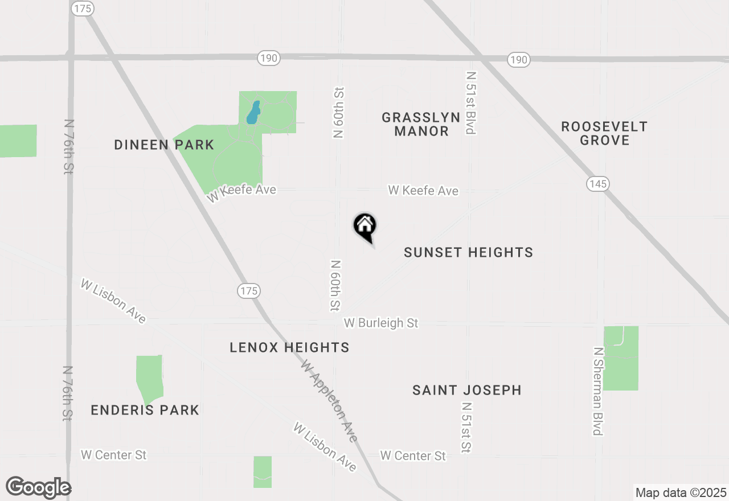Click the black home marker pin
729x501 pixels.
(365, 227)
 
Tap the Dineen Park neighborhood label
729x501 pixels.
(164, 145)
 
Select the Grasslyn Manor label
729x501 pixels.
(421, 124)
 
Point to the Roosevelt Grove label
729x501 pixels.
(604, 133)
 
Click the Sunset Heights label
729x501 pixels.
(468, 252)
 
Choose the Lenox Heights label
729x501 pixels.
(289, 347)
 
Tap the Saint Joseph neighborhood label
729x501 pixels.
(466, 390)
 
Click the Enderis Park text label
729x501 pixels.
(145, 410)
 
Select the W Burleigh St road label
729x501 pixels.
(381, 323)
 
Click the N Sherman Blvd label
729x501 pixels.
(597, 391)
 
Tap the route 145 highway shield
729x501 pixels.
(597, 183)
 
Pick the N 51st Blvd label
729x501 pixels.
(470, 102)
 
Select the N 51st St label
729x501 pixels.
(466, 427)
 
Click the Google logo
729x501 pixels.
(38, 487)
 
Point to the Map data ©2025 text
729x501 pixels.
(680, 492)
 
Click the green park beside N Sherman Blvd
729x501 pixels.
(621, 358)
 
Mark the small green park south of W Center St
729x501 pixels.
(263, 471)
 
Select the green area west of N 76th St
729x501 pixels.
(17, 141)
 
